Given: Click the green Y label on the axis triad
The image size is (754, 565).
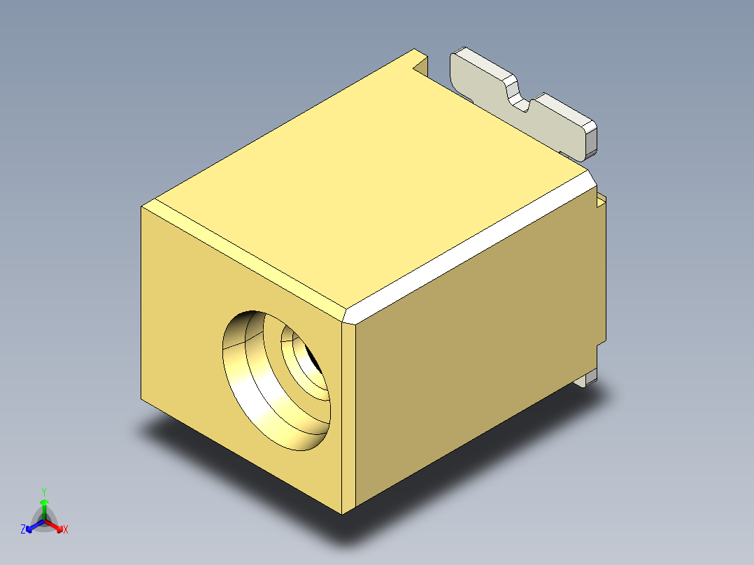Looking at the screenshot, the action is tap(44, 492).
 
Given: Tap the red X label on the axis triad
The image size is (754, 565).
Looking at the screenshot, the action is tap(66, 529).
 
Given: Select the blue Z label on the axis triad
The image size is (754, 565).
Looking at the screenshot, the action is tap(22, 529).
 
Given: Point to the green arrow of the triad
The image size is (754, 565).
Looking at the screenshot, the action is tap(44, 509).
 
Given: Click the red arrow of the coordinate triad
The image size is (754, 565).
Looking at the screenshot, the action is tap(54, 526).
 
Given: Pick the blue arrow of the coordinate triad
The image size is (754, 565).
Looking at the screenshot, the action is tap(35, 526).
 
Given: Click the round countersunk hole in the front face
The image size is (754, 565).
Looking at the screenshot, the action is tap(276, 380).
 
